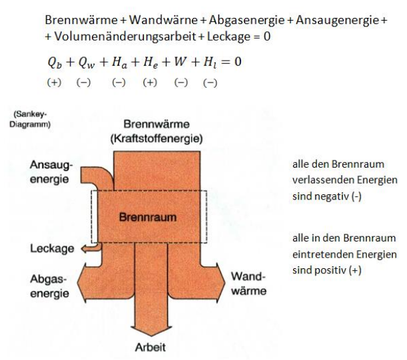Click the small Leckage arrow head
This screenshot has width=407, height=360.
pos(85,248)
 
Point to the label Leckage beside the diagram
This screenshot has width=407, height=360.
pos(51,248)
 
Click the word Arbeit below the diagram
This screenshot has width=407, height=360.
pos(151,347)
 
